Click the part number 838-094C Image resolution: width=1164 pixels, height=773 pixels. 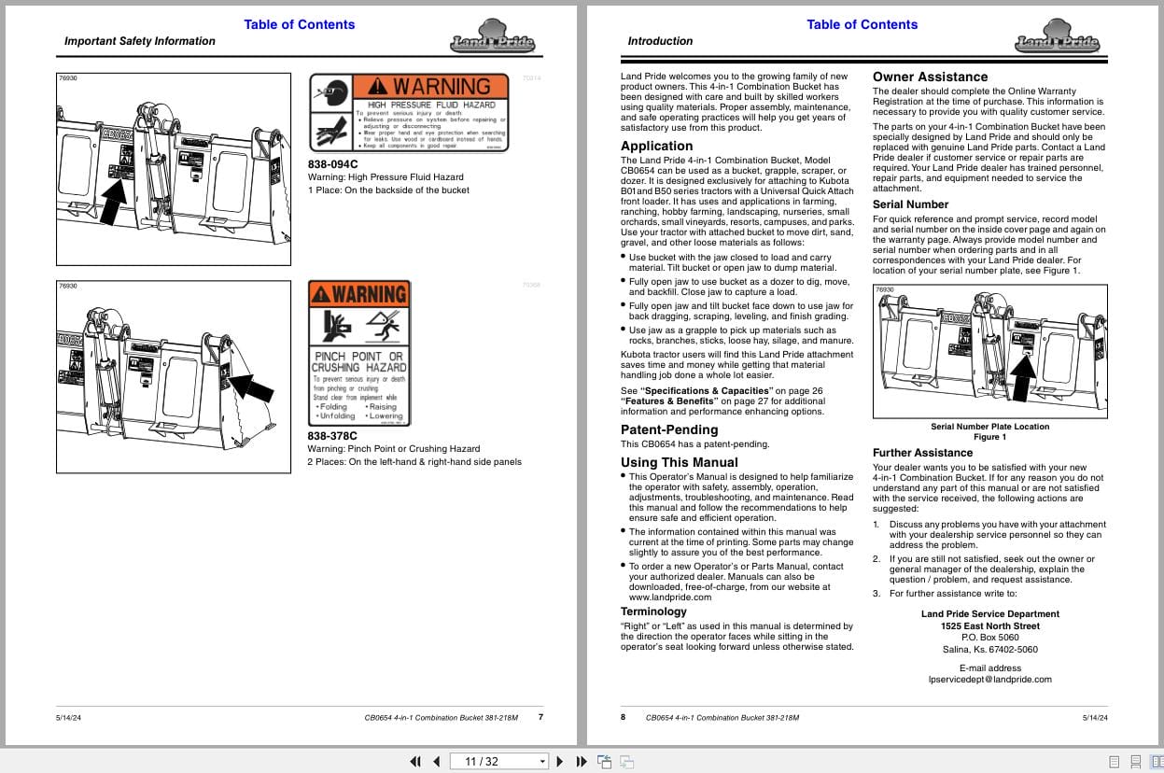[x=332, y=164]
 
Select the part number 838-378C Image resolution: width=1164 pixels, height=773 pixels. [x=332, y=435]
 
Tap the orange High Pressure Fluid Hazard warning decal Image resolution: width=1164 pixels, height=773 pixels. [x=409, y=112]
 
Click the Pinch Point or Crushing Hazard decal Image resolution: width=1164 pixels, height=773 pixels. [x=358, y=353]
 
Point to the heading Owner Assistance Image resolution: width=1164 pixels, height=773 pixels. [x=930, y=77]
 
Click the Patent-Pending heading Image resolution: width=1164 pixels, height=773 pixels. [x=669, y=429]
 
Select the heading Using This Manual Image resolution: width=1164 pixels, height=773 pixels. [x=679, y=462]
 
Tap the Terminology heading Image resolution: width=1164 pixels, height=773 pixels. [x=653, y=611]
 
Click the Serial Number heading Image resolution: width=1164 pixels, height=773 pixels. [x=910, y=204]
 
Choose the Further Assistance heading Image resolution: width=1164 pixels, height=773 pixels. [x=922, y=453]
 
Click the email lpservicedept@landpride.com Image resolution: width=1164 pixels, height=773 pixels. [x=989, y=680]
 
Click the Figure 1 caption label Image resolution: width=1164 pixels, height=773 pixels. [x=989, y=437]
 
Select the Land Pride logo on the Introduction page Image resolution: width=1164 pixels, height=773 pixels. [x=1057, y=42]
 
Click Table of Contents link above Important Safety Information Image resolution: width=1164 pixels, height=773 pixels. [x=299, y=24]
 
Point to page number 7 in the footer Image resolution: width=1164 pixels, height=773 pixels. [x=540, y=717]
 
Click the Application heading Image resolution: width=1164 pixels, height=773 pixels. [x=656, y=146]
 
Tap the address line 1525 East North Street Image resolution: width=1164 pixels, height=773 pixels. [x=989, y=625]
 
